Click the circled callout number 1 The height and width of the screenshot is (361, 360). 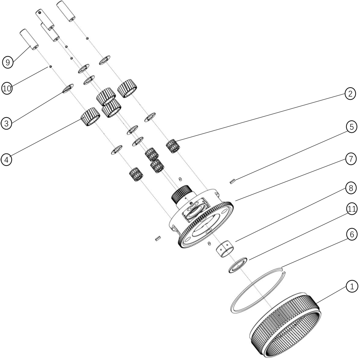tap(352, 287)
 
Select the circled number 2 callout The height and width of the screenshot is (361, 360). tap(350, 94)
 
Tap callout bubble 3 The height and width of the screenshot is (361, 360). tap(6, 124)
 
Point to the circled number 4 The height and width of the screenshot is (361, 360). tap(6, 160)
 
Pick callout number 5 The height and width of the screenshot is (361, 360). tap(352, 127)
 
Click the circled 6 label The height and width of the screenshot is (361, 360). tap(352, 235)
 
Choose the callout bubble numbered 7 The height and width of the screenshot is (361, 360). tap(351, 159)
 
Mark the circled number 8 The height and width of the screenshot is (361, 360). tap(351, 188)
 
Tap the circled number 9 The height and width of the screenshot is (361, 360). tap(8, 62)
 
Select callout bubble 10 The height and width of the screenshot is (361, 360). tap(7, 88)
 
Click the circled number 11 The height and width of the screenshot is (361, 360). tap(352, 209)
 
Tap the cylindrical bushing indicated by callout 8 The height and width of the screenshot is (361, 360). tap(225, 248)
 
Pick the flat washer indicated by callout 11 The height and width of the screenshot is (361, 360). tap(238, 265)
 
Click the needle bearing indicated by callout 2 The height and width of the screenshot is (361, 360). tap(173, 146)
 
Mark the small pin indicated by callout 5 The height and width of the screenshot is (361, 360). tap(232, 181)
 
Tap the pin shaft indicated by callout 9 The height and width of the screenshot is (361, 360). tap(29, 39)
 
